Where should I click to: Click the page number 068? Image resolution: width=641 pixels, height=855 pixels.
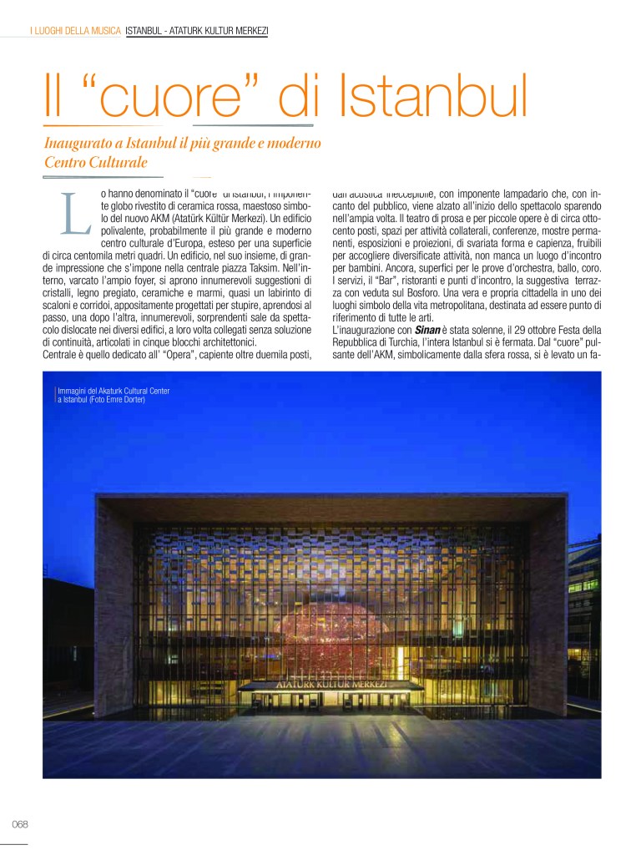(x=20, y=823)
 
